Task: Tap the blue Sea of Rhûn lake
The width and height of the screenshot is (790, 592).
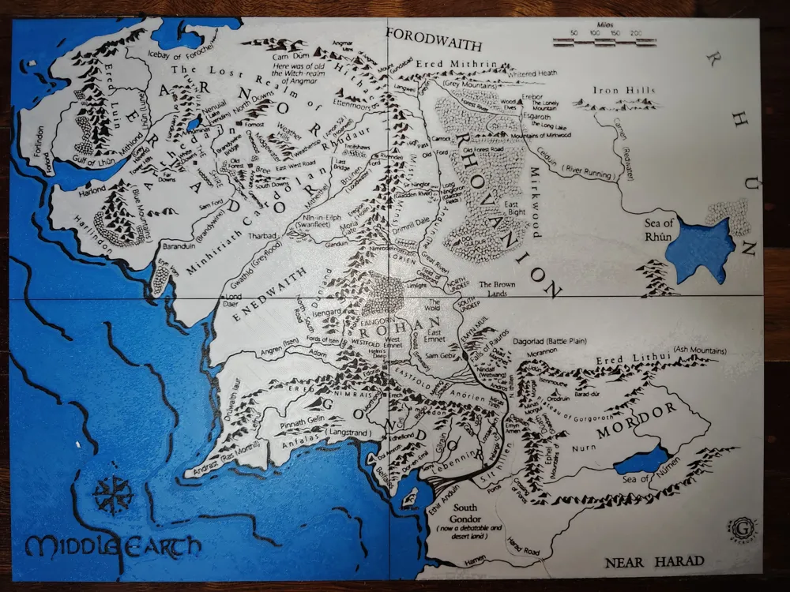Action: [x=699, y=249]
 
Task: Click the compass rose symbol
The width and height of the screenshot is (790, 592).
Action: [x=113, y=496]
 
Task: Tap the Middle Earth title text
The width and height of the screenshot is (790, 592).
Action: [x=112, y=545]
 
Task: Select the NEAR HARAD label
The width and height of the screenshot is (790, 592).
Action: [x=654, y=562]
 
